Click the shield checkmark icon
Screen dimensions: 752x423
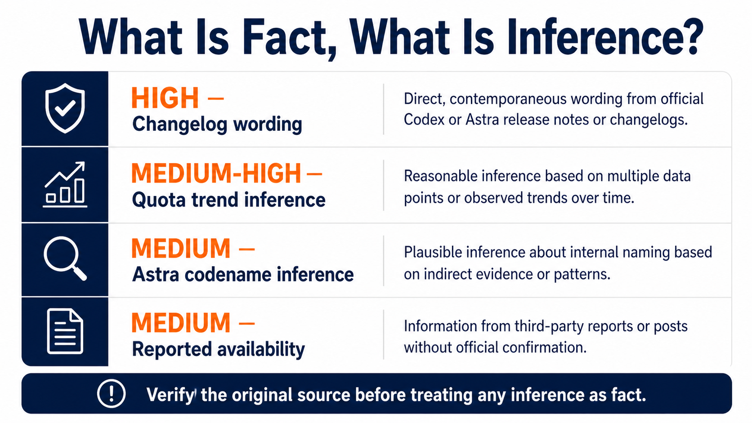pyautogui.click(x=65, y=108)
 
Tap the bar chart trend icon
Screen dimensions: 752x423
pyautogui.click(x=65, y=184)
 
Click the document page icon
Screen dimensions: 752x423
pyautogui.click(x=65, y=331)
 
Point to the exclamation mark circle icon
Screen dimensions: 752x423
pyautogui.click(x=112, y=393)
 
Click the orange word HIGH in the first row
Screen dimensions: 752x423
pyautogui.click(x=165, y=98)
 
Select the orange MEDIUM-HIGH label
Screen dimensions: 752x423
pyautogui.click(x=216, y=174)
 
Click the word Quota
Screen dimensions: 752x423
pyautogui.click(x=159, y=200)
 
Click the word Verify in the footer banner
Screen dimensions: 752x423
pyautogui.click(x=170, y=395)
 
